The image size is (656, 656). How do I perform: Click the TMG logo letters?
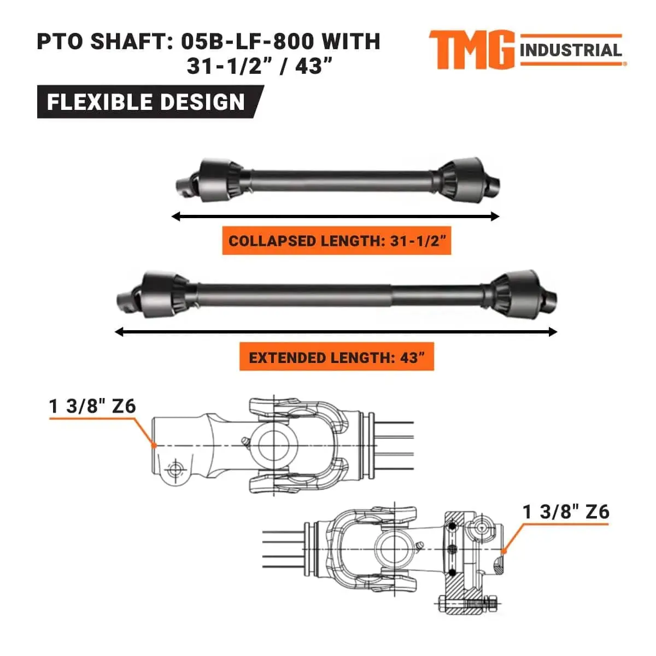(471, 50)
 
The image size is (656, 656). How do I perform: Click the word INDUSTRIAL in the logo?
(570, 51)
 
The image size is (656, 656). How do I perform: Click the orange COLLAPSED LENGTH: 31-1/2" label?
(336, 241)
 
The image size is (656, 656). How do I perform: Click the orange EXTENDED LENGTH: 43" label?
(336, 358)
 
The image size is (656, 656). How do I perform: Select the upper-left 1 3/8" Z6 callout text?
(92, 406)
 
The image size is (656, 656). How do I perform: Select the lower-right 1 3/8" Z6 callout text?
(566, 512)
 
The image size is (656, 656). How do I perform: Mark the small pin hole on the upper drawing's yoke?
(175, 469)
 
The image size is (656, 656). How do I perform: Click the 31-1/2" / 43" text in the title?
(260, 67)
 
